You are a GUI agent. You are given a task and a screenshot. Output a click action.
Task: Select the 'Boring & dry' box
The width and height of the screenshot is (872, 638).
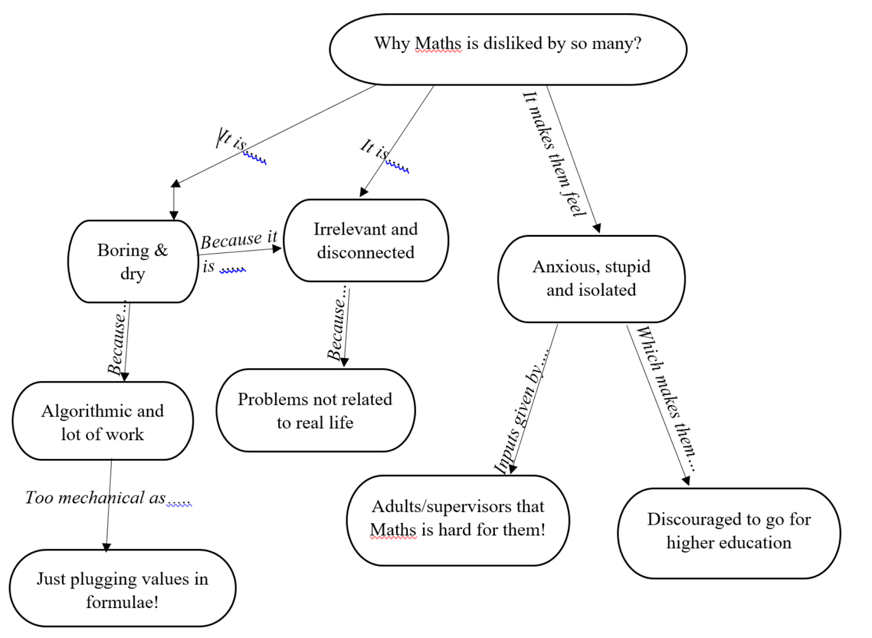click(132, 261)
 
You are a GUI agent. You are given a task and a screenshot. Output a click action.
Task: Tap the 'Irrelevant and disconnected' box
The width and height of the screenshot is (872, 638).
click(366, 240)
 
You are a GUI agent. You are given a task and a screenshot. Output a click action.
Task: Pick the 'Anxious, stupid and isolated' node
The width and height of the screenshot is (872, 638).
click(591, 279)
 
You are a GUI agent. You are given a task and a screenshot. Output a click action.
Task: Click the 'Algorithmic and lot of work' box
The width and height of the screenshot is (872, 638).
click(102, 422)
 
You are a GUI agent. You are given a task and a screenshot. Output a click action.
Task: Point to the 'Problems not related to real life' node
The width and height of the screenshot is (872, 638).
click(315, 411)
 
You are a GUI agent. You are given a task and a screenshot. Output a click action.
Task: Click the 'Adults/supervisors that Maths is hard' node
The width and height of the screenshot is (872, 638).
click(458, 519)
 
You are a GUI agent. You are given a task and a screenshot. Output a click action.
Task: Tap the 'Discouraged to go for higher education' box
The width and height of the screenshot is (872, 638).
click(729, 531)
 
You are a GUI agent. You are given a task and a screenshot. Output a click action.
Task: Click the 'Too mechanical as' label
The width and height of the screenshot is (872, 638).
click(95, 498)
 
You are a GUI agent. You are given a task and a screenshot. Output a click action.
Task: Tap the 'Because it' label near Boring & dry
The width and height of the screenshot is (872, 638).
click(239, 239)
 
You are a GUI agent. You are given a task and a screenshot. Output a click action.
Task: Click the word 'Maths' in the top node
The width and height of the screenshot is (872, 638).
click(438, 43)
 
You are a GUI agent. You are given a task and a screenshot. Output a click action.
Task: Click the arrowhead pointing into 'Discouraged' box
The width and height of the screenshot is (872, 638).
click(687, 480)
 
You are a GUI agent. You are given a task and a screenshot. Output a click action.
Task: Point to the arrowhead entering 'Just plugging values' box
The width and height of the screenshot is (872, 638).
click(107, 547)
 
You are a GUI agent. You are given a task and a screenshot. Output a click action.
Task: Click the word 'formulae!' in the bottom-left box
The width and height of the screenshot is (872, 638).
click(122, 602)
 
